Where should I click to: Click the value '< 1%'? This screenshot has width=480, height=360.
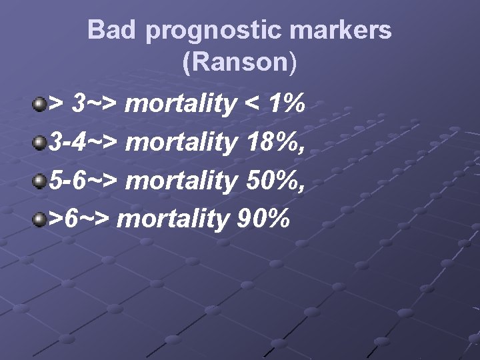point(273,104)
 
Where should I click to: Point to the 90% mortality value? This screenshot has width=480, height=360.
point(263,218)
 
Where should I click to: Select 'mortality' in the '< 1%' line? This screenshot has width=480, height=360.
point(180,105)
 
